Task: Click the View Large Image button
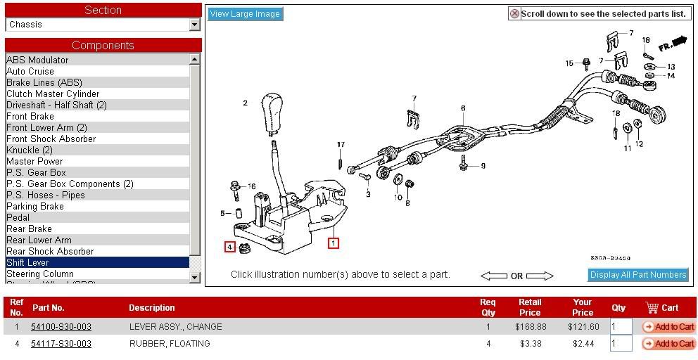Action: point(245,14)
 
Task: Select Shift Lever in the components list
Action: point(28,262)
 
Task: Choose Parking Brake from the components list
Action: point(35,206)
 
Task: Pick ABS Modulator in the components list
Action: point(37,60)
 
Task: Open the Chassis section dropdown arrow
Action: point(195,25)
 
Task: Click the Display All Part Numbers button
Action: point(638,275)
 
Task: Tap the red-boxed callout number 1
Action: point(334,244)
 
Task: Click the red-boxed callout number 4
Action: point(229,247)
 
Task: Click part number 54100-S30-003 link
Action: point(61,327)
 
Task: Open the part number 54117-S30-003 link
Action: point(61,344)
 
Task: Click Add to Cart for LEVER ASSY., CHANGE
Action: point(668,327)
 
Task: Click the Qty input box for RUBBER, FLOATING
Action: point(621,344)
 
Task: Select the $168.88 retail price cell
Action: point(531,327)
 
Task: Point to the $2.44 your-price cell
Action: point(583,344)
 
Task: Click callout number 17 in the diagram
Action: point(341,146)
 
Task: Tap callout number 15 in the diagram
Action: point(569,63)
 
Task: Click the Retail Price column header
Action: point(530,307)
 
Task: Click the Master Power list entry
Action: point(34,161)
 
